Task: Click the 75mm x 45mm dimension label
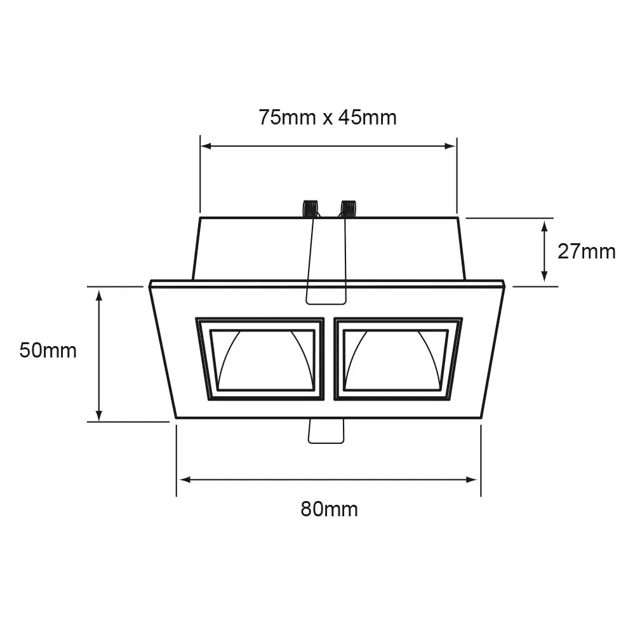click(x=327, y=117)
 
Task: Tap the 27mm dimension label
click(x=586, y=251)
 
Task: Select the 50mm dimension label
click(x=48, y=350)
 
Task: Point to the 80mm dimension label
click(x=329, y=509)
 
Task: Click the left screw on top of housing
click(x=310, y=208)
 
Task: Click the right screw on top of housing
click(x=348, y=208)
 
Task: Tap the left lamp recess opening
click(x=263, y=359)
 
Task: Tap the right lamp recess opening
click(x=395, y=359)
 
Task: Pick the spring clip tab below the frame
click(x=326, y=431)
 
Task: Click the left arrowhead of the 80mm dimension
click(x=183, y=479)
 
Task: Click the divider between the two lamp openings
click(x=329, y=359)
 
